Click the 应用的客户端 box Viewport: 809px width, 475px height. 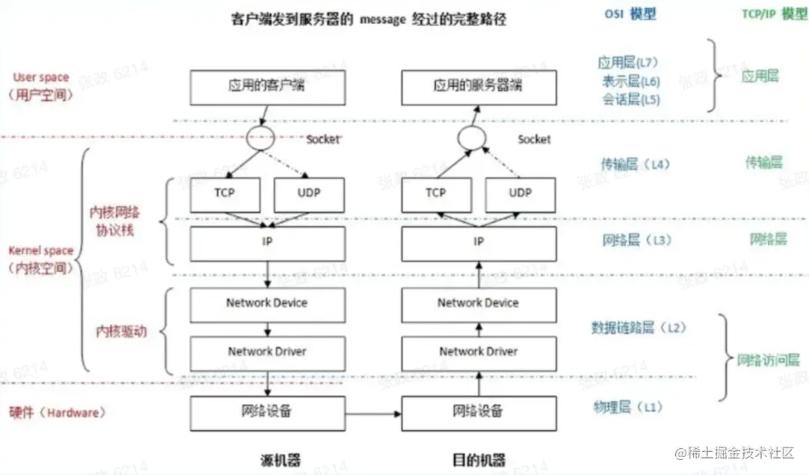[267, 87]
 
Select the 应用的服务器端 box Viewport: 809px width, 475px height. [478, 87]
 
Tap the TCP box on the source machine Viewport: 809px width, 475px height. [225, 193]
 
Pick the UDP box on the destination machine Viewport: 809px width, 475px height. [520, 193]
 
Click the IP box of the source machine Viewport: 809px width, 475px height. [267, 242]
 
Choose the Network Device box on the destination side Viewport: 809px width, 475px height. [478, 303]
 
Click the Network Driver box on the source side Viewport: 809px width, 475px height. [267, 352]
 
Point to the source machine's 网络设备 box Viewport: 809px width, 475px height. [267, 412]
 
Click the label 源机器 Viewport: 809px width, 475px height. [267, 459]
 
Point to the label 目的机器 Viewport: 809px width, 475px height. [479, 459]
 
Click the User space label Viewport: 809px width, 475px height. [41, 78]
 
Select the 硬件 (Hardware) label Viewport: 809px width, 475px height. [58, 412]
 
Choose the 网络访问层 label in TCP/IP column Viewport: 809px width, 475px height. [768, 359]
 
